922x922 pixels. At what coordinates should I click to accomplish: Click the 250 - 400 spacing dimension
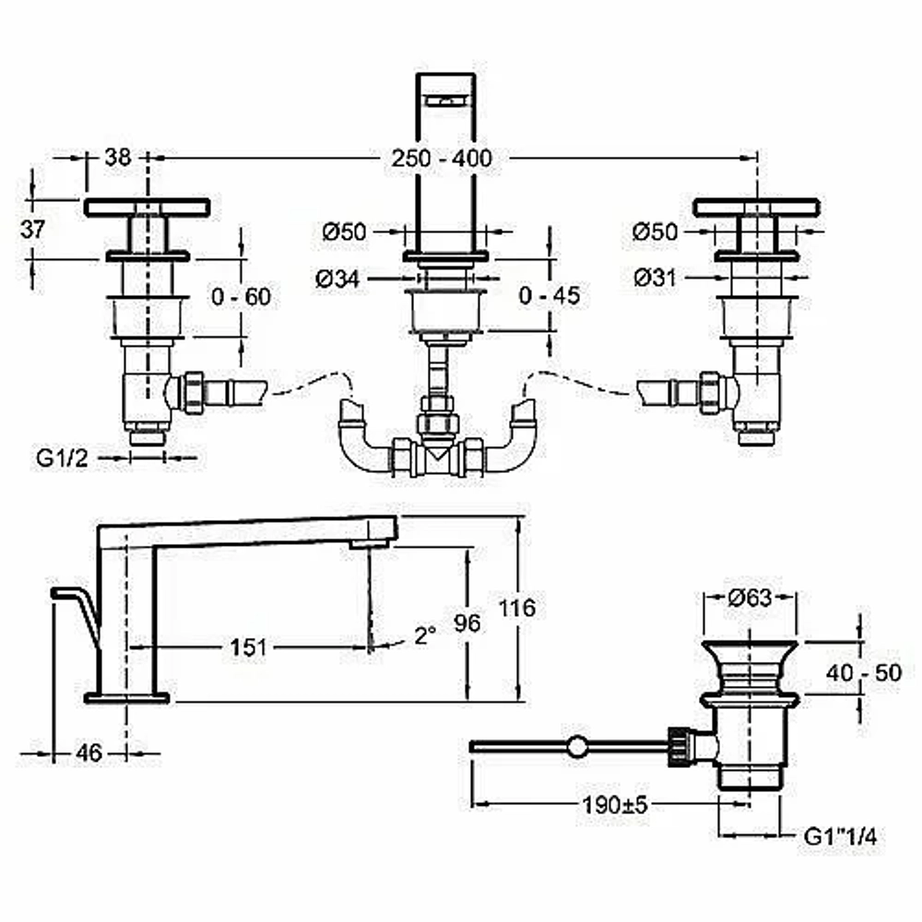point(442,159)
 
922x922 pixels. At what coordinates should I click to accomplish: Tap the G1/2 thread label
point(63,458)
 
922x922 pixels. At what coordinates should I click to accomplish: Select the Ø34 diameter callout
point(337,278)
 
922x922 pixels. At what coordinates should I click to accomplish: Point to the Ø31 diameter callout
point(655,278)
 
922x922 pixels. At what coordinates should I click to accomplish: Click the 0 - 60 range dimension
point(241,296)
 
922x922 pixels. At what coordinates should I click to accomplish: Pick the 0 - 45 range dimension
point(550,295)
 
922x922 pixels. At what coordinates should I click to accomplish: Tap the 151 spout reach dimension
point(248,647)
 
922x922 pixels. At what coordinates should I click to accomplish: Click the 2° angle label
point(425,635)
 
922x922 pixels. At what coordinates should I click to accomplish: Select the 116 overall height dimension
point(517,608)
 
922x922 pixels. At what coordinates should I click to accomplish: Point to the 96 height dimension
point(467,623)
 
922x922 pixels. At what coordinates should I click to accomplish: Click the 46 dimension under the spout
point(89,752)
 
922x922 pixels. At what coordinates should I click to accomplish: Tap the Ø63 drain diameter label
point(750,597)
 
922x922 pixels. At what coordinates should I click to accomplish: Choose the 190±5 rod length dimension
point(614,804)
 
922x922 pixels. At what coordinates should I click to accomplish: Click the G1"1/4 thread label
point(840,836)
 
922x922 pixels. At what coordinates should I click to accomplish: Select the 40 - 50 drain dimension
point(864,672)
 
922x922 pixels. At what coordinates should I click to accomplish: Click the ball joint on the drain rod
point(577,746)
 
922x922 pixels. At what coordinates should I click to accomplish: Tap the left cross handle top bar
point(147,208)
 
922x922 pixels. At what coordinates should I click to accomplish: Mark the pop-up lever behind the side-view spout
point(77,618)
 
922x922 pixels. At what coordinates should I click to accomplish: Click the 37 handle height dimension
point(32,229)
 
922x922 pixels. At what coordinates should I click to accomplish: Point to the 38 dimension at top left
point(118,157)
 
